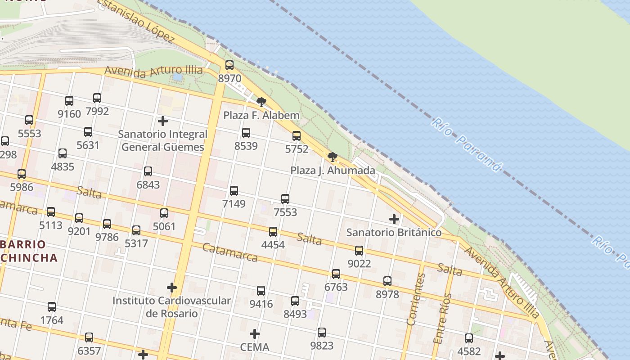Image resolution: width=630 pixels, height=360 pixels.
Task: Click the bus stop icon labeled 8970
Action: tap(229, 65)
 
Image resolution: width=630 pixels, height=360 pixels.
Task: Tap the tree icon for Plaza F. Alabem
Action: tap(261, 102)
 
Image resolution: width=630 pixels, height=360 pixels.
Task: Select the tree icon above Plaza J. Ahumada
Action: tap(333, 157)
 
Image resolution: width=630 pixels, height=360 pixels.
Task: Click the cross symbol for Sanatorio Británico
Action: tap(394, 219)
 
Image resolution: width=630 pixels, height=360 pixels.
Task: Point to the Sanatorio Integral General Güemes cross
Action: tap(163, 121)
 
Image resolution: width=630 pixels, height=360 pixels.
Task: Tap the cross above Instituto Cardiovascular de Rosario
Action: tap(171, 288)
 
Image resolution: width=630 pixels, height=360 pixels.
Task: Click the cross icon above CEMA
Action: tap(255, 334)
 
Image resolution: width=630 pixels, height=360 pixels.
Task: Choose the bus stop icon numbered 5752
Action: tap(297, 135)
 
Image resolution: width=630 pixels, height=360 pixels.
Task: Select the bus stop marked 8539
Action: tap(246, 133)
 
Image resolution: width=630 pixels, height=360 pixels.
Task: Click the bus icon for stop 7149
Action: tap(234, 190)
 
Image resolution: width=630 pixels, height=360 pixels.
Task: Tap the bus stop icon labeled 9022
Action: tap(359, 250)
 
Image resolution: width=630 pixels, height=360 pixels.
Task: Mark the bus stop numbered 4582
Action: tap(469, 338)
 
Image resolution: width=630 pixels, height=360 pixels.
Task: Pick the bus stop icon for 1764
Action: tap(52, 307)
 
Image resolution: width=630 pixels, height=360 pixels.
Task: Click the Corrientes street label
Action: tap(416, 299)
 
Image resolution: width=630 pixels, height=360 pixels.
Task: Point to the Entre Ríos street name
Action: tap(442, 318)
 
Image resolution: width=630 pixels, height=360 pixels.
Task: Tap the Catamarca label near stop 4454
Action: tap(229, 252)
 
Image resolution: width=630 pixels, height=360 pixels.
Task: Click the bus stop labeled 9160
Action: tap(69, 100)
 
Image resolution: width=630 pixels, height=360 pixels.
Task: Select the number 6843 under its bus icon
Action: tap(148, 184)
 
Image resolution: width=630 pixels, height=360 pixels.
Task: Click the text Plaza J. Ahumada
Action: tap(333, 171)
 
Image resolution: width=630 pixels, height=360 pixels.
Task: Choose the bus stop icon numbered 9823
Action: tap(322, 333)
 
